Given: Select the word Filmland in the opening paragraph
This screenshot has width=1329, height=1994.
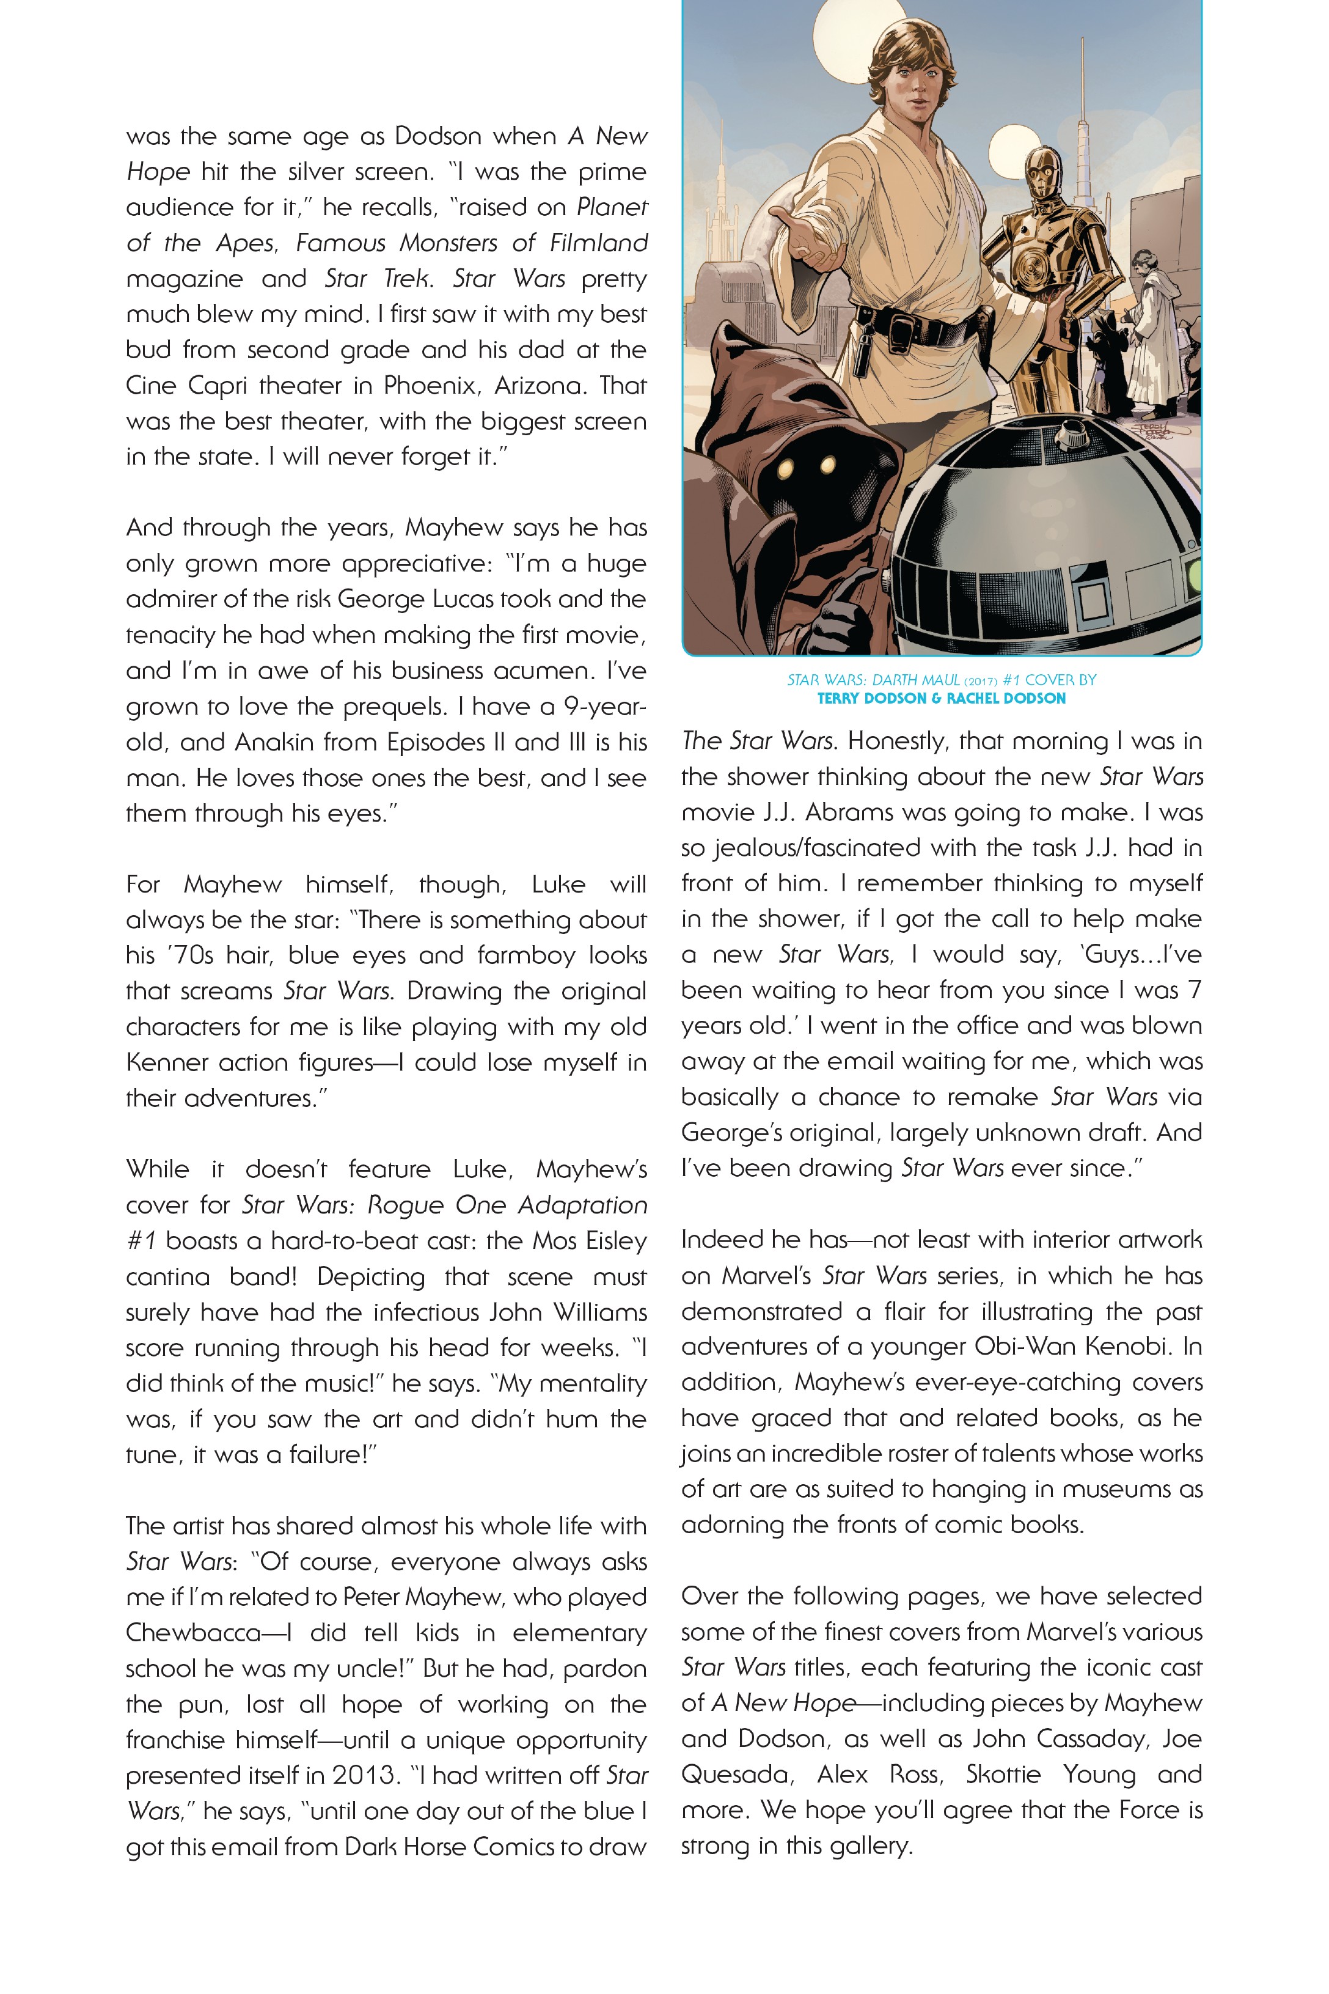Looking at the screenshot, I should pyautogui.click(x=598, y=243).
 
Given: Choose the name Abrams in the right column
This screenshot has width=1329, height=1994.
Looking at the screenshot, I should pyautogui.click(x=848, y=812).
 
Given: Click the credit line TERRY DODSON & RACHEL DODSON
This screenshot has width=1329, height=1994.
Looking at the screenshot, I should pyautogui.click(x=941, y=699).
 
